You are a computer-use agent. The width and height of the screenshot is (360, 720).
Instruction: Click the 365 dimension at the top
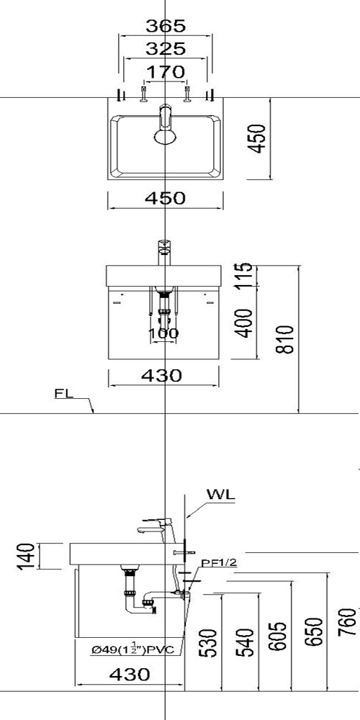tap(166, 26)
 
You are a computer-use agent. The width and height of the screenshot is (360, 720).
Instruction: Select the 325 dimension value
tap(166, 49)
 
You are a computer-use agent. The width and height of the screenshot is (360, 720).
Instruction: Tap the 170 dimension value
tap(166, 72)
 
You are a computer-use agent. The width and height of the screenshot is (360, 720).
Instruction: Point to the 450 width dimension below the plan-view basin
tap(166, 198)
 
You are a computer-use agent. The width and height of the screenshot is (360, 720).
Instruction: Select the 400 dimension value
tap(246, 323)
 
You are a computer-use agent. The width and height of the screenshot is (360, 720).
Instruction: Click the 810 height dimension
tap(286, 339)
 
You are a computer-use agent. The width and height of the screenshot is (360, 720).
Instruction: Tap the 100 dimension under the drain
tap(163, 333)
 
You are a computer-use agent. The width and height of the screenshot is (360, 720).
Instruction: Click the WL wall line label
tap(220, 495)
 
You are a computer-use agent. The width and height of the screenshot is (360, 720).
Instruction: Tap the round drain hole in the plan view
tap(166, 136)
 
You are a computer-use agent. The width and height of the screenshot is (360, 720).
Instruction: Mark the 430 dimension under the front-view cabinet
tap(161, 376)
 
